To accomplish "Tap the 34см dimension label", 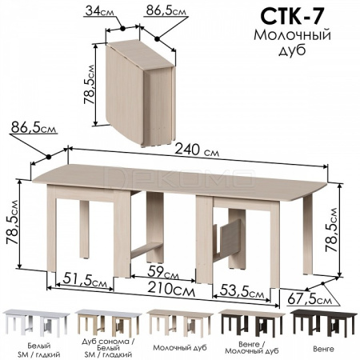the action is [x=99, y=11].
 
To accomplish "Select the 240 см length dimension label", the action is [x=197, y=150].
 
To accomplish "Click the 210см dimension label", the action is [x=171, y=290].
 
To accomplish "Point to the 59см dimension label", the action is [x=163, y=273].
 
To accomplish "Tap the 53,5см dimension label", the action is [x=242, y=292].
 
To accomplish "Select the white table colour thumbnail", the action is [x=36, y=323].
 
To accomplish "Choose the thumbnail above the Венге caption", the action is [x=323, y=323].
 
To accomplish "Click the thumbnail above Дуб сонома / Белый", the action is [x=108, y=323].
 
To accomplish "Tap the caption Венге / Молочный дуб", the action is [x=252, y=347].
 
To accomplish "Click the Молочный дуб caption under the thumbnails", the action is [x=180, y=348].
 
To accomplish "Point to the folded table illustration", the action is [x=141, y=93].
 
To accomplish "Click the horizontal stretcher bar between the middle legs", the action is [x=146, y=250].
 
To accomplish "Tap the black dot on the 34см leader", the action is [x=122, y=28].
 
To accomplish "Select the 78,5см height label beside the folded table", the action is [x=89, y=84].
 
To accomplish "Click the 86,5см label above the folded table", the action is [x=166, y=11].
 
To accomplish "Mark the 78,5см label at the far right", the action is [x=331, y=230].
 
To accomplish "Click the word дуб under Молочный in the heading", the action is [x=292, y=50].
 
